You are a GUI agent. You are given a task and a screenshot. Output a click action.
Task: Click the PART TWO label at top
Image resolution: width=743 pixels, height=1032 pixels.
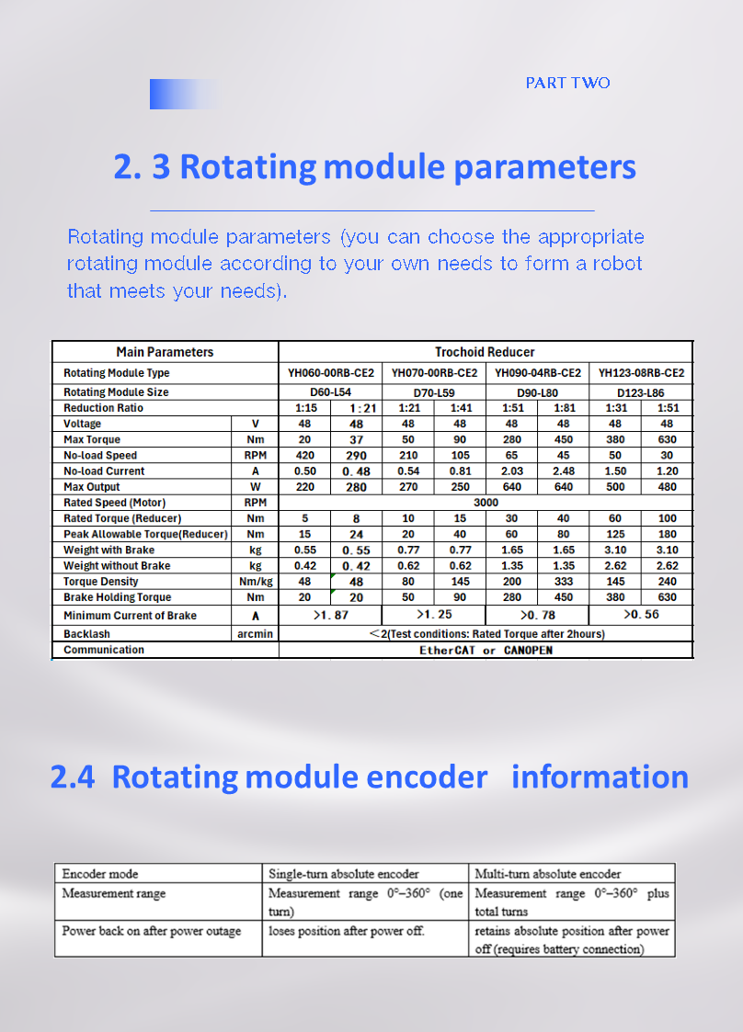567,83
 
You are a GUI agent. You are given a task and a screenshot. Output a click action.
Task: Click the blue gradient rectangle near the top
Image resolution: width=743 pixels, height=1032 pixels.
183,94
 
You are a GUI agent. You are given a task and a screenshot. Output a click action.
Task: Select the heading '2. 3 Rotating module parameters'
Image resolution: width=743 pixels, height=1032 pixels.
374,167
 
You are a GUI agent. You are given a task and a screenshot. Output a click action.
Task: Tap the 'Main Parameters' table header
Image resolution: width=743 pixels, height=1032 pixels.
165,352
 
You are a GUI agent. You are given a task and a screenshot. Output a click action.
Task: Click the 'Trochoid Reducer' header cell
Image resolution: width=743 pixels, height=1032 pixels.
485,352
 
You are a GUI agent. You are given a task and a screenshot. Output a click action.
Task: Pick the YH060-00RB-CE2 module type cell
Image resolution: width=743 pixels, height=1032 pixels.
330,373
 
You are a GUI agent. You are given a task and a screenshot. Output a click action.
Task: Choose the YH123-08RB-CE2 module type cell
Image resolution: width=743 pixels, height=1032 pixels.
641,373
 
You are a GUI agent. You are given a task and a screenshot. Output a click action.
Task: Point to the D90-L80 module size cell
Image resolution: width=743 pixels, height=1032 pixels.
537,392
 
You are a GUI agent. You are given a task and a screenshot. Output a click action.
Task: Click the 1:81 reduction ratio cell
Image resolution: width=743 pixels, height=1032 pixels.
564,408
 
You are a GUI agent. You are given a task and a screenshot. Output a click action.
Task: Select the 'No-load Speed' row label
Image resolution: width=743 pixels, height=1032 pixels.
100,456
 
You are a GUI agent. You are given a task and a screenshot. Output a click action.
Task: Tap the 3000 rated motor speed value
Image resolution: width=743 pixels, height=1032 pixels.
486,503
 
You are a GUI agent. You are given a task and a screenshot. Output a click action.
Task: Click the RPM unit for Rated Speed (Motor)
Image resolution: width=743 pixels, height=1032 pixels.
255,503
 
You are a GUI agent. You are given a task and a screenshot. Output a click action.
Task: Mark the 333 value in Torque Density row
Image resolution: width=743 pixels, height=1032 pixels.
564,582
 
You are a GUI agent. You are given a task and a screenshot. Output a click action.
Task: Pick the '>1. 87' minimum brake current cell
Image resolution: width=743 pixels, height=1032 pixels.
330,615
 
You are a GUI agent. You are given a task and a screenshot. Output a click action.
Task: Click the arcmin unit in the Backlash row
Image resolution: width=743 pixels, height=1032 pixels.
255,634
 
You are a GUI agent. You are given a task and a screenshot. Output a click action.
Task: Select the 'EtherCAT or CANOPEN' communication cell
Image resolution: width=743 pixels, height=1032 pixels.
486,651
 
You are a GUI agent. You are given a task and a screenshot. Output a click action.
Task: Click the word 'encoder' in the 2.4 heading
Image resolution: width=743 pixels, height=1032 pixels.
427,777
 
